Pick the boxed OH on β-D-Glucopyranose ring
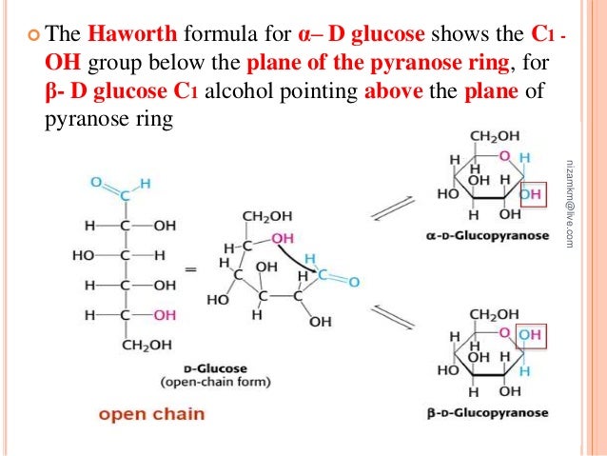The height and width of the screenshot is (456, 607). coord(533,334)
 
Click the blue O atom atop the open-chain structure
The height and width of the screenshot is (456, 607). coord(96,181)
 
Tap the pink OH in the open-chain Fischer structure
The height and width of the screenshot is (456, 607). coord(165,314)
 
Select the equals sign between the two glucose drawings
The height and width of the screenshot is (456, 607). coord(190,270)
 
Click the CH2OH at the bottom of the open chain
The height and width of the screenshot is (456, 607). coord(147,345)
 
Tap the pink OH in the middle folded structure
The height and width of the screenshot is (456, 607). coord(282,237)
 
